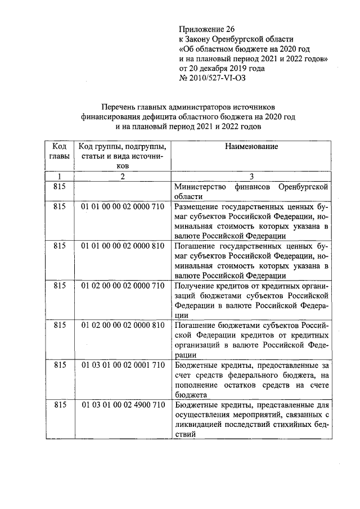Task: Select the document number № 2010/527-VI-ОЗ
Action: click(212, 78)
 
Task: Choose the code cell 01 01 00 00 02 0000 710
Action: click(122, 207)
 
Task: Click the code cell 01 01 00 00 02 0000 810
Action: click(122, 246)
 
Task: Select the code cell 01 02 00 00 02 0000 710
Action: click(122, 286)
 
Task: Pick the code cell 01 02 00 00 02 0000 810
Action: click(122, 325)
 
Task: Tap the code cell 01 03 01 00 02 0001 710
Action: click(122, 365)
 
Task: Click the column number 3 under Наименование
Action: click(251, 176)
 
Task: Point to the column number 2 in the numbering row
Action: click(122, 176)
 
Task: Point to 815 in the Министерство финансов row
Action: click(59, 187)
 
